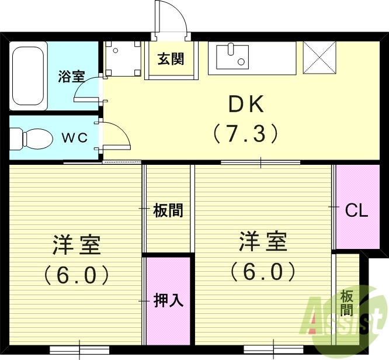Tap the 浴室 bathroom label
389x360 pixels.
[x=71, y=75]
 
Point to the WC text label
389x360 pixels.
[x=75, y=137]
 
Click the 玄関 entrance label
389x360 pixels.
[x=171, y=59]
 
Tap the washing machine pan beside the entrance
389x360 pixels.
[x=124, y=58]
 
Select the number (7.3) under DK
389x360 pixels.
[x=246, y=134]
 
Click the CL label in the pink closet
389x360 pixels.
[x=356, y=210]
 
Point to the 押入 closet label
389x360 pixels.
[x=169, y=300]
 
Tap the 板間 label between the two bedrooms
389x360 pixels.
[x=168, y=210]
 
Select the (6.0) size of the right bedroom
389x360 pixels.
[x=262, y=271]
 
